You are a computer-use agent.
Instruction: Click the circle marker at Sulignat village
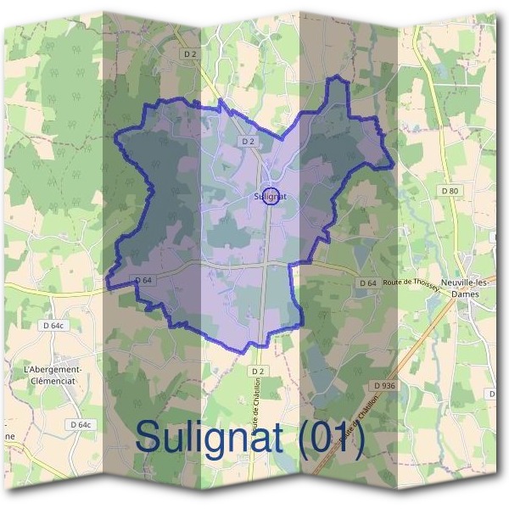[271, 196]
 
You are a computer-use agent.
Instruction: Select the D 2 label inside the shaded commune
[248, 141]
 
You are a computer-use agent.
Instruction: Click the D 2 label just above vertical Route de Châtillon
[258, 372]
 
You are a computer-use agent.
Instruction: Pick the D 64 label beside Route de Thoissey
[367, 282]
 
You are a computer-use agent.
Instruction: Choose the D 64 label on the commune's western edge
[143, 280]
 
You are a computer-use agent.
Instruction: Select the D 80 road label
[450, 192]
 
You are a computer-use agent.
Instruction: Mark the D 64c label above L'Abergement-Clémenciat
[53, 325]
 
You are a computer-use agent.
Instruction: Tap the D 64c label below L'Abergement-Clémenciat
[80, 424]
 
